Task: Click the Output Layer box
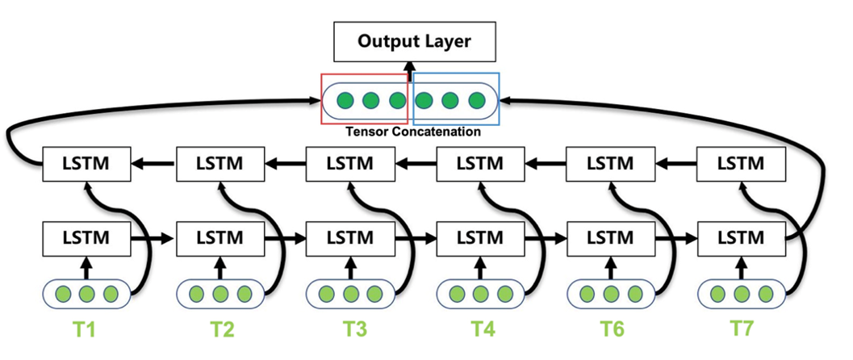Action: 413,41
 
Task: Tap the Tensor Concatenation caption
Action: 412,131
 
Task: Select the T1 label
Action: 89,330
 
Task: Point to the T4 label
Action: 481,330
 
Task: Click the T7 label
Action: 741,330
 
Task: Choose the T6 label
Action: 611,330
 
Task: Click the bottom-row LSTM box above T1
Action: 86,239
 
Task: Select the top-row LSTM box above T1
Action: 86,164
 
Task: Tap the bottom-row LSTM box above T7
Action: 740,239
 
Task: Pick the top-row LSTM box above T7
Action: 740,164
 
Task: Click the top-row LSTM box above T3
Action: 349,164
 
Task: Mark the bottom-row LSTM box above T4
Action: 480,239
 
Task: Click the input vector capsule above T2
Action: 219,293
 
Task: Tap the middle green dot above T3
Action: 349,293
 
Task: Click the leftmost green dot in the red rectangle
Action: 345,101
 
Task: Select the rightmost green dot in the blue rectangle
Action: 476,101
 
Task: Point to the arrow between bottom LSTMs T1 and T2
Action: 153,239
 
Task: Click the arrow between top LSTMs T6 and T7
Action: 675,164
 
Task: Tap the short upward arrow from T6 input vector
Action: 611,266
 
